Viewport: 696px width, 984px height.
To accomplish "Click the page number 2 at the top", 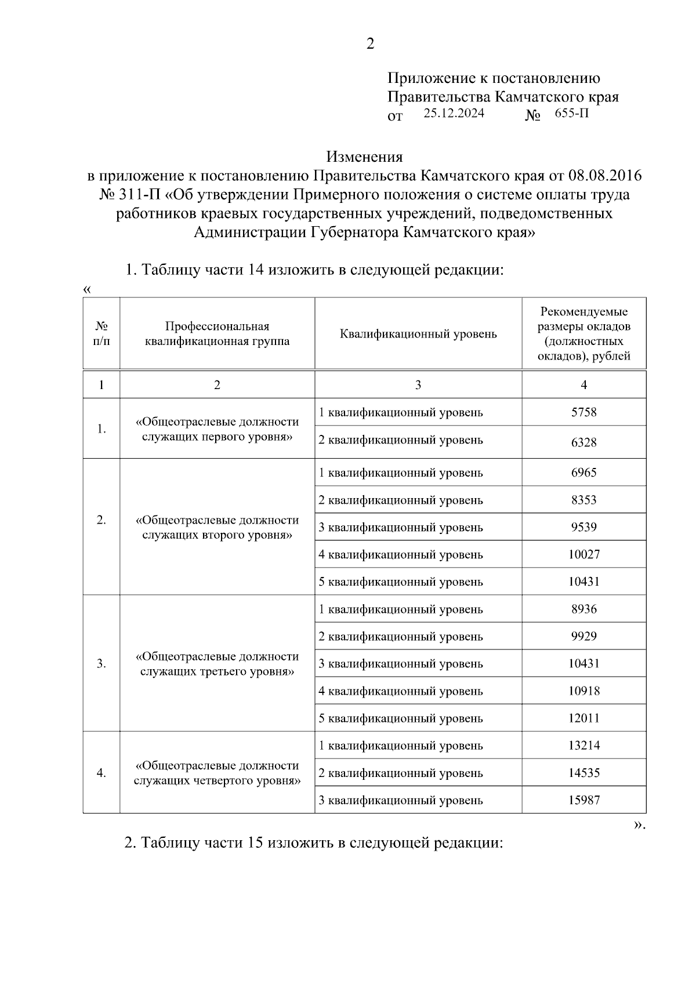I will click(370, 45).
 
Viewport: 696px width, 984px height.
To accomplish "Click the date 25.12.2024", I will click(454, 114).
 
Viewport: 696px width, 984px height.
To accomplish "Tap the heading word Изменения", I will click(364, 157).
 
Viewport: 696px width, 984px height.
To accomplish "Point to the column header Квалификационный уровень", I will click(418, 334).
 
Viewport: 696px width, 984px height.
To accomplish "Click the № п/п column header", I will click(101, 334).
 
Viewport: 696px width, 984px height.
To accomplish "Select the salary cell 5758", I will click(583, 412).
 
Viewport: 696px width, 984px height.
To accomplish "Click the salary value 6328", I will click(583, 442).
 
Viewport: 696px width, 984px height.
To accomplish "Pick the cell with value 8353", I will click(583, 500).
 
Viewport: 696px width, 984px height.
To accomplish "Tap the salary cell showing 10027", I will click(583, 554).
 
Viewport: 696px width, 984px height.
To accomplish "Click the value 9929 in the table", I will click(583, 636).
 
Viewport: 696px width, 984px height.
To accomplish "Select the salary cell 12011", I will click(583, 718).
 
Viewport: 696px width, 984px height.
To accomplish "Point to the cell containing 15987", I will click(583, 800).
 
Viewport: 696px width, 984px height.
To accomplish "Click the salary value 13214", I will click(583, 746).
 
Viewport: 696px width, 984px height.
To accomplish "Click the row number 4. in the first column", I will click(101, 773).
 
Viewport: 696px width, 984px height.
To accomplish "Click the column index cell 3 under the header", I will click(418, 385).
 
